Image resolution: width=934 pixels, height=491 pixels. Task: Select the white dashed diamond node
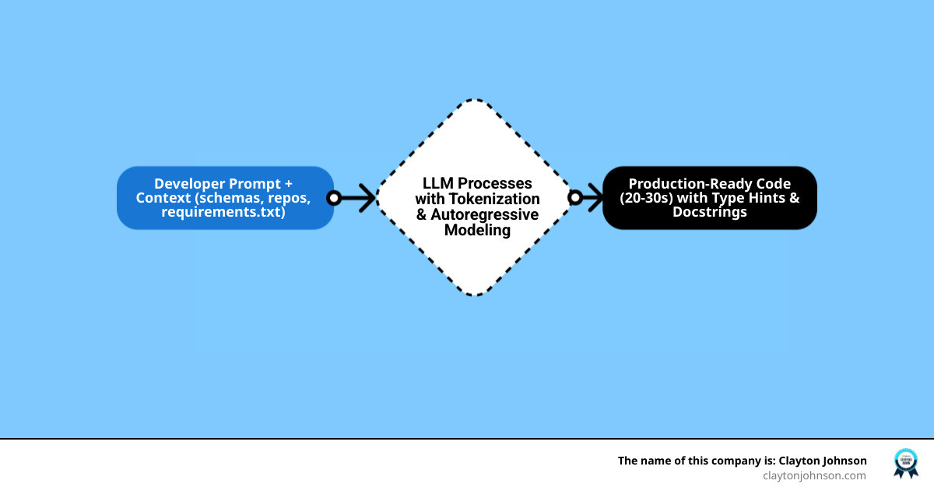pos(476,257)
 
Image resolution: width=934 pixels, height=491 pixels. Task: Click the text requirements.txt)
pos(223,212)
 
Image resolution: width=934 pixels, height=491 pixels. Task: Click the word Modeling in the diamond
pos(476,230)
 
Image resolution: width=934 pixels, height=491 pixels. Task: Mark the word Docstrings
pos(709,212)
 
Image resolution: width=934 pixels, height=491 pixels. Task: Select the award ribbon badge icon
pos(905,463)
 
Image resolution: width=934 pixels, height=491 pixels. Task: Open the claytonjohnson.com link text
pos(814,475)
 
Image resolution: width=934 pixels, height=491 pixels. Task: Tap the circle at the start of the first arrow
pos(334,198)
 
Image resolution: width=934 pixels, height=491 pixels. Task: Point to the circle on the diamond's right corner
pos(574,198)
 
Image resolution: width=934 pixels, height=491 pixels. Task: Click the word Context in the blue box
pos(163,198)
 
